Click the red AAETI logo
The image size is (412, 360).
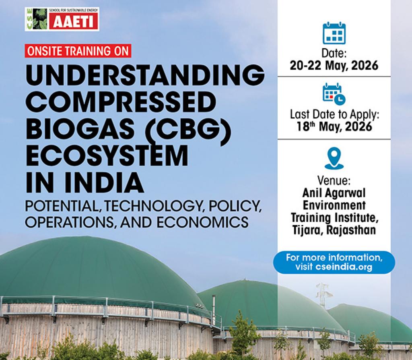click(x=74, y=23)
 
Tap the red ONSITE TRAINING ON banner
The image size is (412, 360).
click(x=78, y=51)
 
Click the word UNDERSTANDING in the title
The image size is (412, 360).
click(x=145, y=76)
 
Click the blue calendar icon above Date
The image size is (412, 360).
click(x=334, y=33)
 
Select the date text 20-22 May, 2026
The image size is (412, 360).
click(x=334, y=66)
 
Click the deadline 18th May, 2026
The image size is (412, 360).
click(x=334, y=126)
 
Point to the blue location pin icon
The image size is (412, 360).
click(x=334, y=158)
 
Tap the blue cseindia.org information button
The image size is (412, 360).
click(x=334, y=262)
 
